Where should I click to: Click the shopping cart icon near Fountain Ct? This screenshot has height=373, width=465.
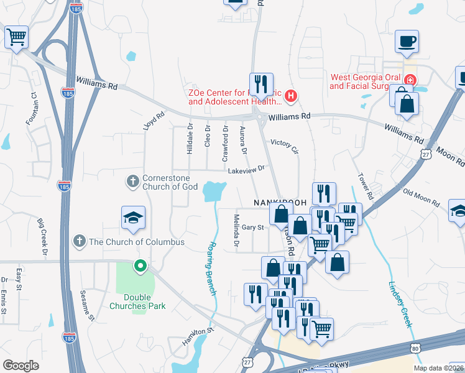point(17,37)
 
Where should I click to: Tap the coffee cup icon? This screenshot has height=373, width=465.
point(407,42)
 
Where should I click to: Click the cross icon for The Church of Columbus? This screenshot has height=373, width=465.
point(78,241)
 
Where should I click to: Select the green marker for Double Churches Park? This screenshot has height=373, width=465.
point(140,267)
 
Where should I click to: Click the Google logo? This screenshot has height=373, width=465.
point(21,365)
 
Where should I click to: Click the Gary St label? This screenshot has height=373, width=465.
point(253,228)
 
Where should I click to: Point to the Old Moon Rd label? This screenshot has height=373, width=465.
point(421,198)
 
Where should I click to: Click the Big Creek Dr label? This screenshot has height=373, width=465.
point(42,237)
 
